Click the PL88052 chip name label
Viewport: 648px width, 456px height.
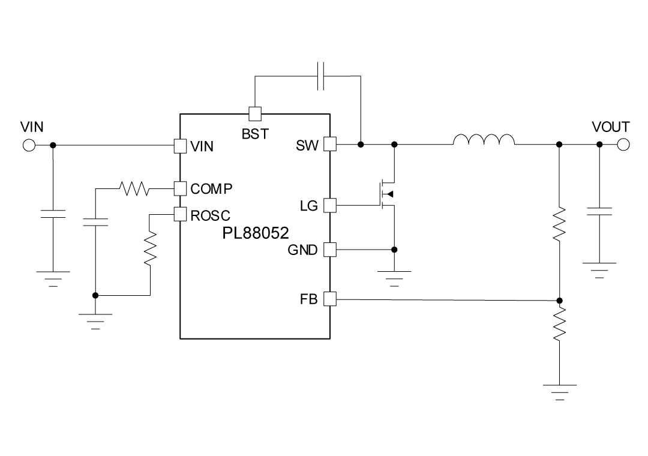coord(256,232)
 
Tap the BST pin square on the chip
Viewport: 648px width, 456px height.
coord(254,113)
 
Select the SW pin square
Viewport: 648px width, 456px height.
coord(330,145)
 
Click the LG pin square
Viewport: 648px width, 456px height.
coord(330,206)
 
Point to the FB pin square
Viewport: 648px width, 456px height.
coord(330,298)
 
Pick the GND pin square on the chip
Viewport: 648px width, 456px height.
coord(330,250)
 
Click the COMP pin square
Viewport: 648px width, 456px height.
coord(179,188)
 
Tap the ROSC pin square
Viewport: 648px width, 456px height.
coord(179,214)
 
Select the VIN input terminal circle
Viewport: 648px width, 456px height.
coord(28,145)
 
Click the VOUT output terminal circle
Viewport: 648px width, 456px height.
coord(623,145)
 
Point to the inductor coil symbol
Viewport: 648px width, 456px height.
coord(484,140)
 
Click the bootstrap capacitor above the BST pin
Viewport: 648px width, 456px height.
coord(321,76)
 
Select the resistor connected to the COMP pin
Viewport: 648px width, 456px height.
coord(135,189)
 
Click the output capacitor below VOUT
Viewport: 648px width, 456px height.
coord(599,211)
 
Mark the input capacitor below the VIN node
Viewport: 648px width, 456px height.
coord(53,214)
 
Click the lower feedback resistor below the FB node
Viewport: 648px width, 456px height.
coord(559,324)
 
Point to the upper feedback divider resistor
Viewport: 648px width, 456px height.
coord(559,224)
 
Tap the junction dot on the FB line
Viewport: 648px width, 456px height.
coord(559,300)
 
